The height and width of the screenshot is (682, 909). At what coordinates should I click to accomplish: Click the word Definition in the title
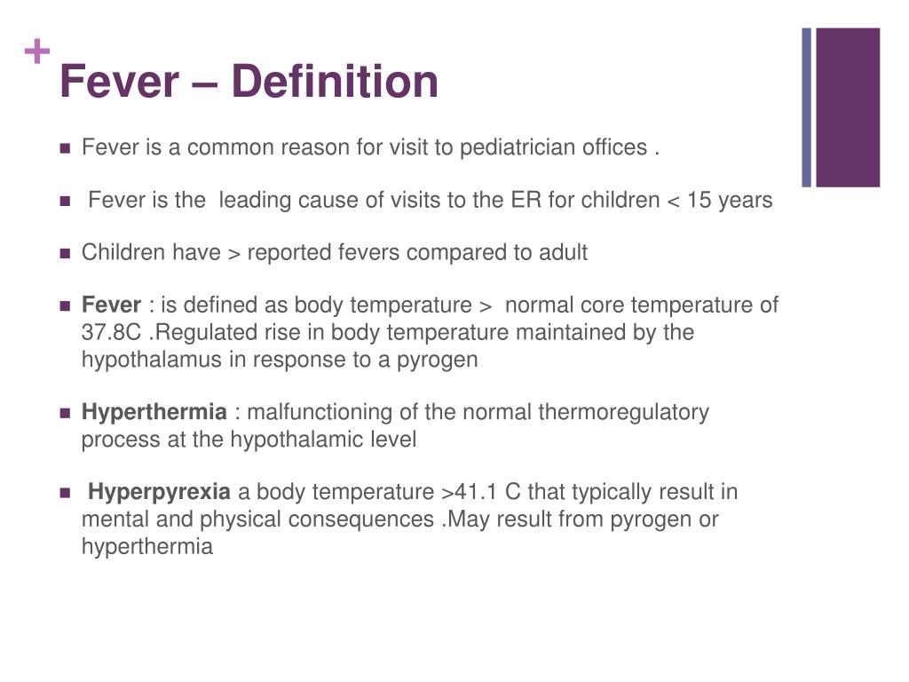point(335,82)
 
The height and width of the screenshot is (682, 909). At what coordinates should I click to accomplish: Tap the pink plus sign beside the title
point(36,53)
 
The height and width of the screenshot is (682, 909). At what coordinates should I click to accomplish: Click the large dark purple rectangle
point(847,107)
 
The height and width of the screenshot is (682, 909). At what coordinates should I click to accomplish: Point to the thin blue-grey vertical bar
point(807,107)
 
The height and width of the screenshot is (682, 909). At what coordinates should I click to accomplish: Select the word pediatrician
point(515,147)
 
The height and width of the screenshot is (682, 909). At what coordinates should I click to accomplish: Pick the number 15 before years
point(700,201)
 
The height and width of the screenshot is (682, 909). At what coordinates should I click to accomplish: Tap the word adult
point(563,253)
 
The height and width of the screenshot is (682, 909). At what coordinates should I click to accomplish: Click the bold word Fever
point(111,305)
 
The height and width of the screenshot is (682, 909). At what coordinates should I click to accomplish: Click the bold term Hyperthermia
point(154,412)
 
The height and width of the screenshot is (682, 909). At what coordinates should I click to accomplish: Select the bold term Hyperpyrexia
point(160,492)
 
